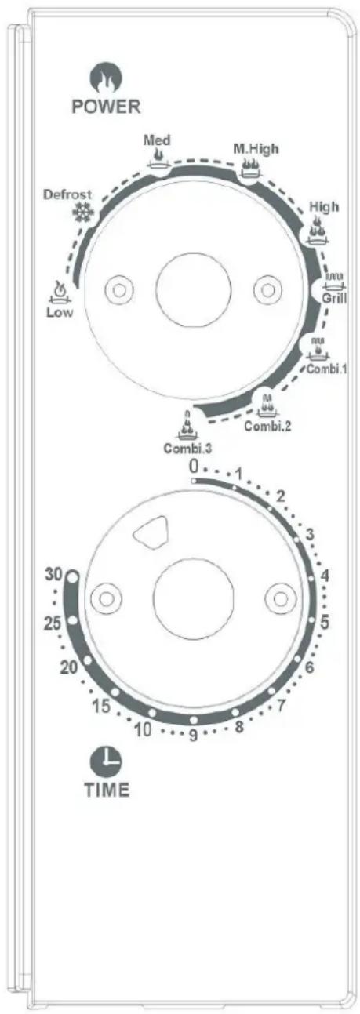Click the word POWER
107,107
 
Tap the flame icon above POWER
107,78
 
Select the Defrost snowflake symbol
84,211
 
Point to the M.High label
256,148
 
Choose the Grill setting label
334,298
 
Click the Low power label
60,312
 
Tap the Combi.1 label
327,369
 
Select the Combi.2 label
267,426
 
